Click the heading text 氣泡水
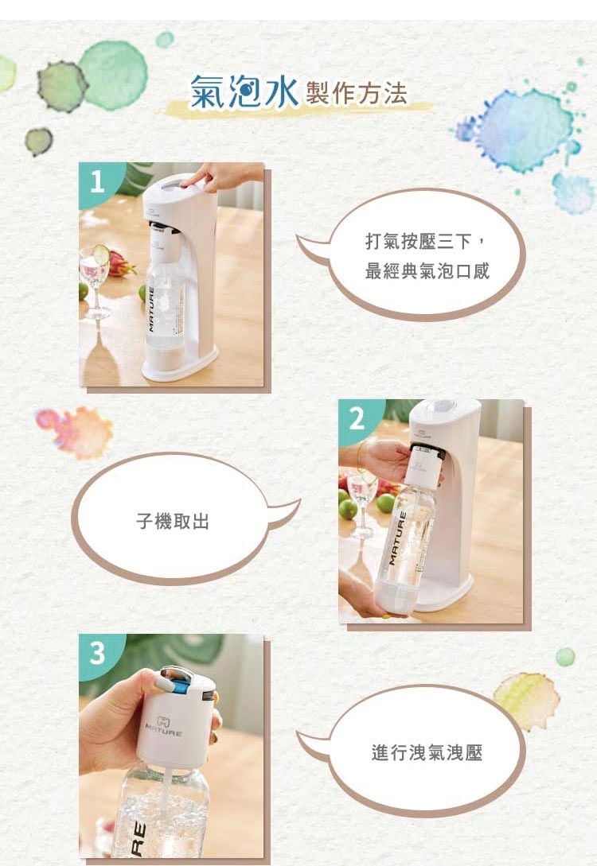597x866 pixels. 243,91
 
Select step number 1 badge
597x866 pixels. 97,182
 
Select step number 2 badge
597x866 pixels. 357,418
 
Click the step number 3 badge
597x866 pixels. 97,654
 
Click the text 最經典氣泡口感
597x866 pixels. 427,272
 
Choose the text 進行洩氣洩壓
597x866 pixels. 427,751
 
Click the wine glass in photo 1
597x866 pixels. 96,282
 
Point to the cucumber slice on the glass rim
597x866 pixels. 101,254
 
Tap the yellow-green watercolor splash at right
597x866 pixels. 527,700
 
